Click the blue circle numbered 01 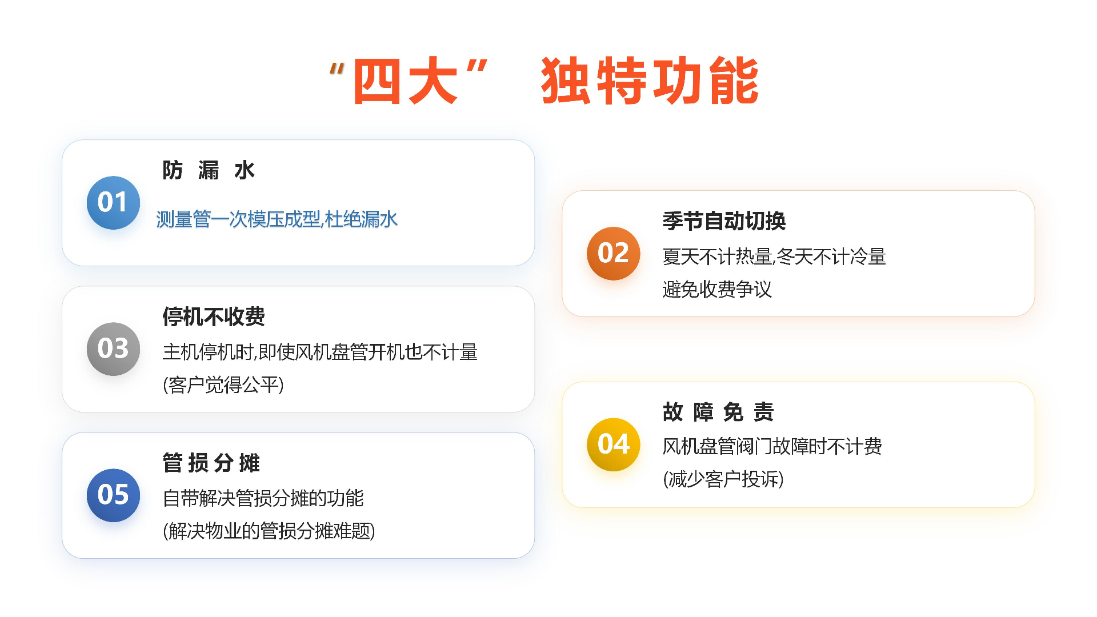113,203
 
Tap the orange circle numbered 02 613,254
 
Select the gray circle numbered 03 113,349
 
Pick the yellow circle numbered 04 613,444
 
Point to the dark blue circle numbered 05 113,495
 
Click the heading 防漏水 209,170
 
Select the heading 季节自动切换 724,221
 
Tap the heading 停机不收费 214,316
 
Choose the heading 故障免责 718,412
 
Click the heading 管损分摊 211,463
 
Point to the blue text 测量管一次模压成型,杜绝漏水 277,219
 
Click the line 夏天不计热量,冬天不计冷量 774,257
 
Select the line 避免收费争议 717,290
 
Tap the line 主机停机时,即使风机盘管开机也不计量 320,352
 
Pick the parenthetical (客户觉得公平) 223,385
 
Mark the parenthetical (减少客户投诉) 723,479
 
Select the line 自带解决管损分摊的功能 263,499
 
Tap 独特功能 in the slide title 650,81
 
